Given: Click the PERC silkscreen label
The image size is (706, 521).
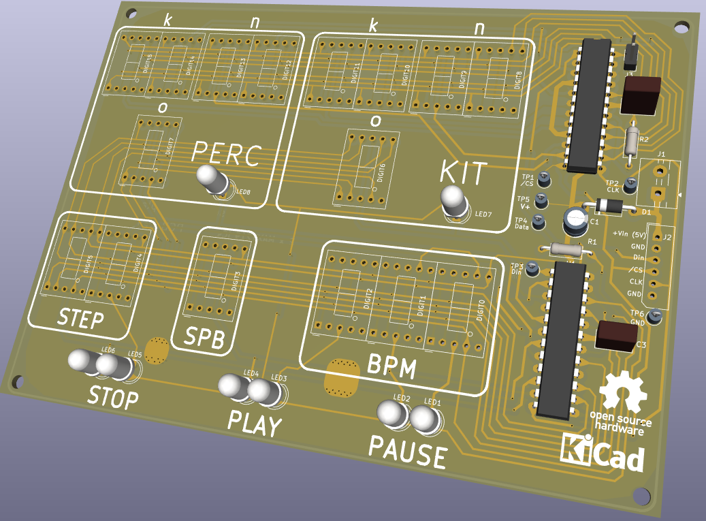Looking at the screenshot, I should tap(226, 154).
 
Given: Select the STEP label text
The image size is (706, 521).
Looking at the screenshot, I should tap(80, 318).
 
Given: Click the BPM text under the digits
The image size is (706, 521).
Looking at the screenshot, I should tap(391, 367).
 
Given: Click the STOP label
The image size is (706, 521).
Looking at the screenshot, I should tap(113, 396).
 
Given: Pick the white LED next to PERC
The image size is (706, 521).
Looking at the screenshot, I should tap(212, 180).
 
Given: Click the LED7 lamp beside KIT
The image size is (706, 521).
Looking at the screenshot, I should tap(454, 201).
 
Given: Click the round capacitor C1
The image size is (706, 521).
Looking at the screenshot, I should tap(575, 219).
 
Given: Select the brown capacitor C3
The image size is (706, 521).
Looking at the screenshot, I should tap(617, 336).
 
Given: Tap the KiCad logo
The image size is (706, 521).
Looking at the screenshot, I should tap(603, 452).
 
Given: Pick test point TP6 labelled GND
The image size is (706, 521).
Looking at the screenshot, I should tap(655, 315).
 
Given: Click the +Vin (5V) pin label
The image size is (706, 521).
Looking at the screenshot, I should tap(629, 234).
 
